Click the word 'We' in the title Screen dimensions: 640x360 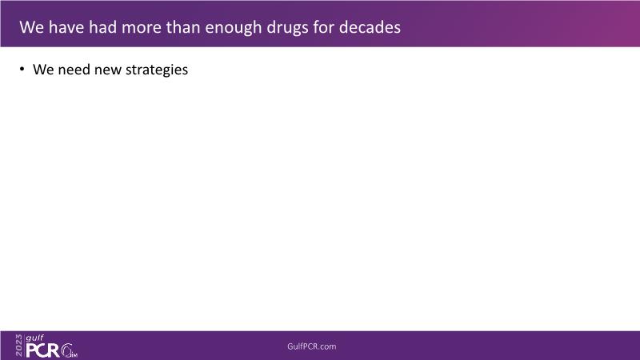click(31, 27)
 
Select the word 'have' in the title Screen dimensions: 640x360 click(66, 27)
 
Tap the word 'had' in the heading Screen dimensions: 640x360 click(103, 27)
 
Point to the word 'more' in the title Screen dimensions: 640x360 click(142, 27)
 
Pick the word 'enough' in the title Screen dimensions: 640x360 click(233, 28)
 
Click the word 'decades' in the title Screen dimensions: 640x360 click(370, 27)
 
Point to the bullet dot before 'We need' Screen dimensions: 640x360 click(22, 69)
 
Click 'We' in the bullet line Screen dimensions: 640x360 click(43, 70)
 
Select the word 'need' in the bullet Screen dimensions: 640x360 click(74, 70)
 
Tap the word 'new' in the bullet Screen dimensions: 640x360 click(108, 70)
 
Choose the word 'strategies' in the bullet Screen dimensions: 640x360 click(157, 70)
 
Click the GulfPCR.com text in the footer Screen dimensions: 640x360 click(312, 346)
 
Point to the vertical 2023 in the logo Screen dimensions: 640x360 click(18, 346)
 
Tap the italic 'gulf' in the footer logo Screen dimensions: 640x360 click(34, 338)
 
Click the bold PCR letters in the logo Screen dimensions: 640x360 click(43, 350)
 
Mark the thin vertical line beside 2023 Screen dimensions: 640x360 click(24, 346)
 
